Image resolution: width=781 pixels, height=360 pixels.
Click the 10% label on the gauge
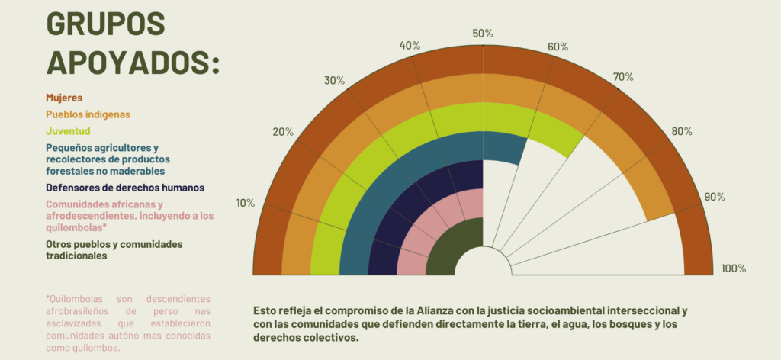246,203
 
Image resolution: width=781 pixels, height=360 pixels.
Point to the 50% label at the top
483,34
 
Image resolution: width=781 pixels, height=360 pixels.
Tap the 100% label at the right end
734,268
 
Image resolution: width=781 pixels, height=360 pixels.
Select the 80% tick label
682,131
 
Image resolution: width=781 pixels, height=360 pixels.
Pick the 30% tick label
335,81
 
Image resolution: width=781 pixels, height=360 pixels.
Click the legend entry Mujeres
64,98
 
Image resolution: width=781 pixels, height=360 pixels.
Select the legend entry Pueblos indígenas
88,114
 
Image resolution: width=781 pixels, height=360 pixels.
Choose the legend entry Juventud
68,131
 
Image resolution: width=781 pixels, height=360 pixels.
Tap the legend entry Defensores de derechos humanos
124,187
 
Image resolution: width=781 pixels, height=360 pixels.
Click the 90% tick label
715,197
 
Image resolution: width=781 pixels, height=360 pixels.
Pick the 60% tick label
558,47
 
